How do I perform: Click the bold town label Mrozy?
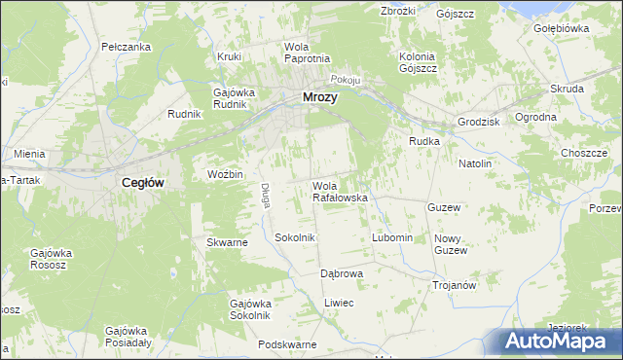point(321,97)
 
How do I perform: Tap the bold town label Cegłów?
point(141,182)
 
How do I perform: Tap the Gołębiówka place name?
point(562,29)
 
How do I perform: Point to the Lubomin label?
point(393,238)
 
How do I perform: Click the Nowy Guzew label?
point(450,244)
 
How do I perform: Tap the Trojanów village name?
point(454,285)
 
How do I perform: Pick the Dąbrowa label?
point(342,274)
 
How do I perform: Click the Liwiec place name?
point(338,304)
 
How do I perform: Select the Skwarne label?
point(227,242)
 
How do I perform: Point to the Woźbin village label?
point(224,174)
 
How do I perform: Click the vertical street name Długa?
point(265,196)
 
